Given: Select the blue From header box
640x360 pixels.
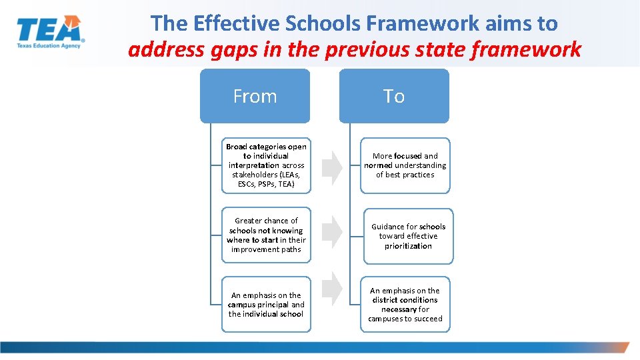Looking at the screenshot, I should pos(255,96).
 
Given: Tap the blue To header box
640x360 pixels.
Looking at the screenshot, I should pos(394,96).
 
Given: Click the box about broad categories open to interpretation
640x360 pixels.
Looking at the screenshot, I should pos(266,165).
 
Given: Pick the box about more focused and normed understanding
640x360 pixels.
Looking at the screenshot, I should pos(405,165).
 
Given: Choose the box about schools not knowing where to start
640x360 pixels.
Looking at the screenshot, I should pos(266,235).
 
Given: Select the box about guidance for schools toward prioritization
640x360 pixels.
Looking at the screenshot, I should pos(408,236).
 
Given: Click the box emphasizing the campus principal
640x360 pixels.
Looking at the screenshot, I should pos(266,305).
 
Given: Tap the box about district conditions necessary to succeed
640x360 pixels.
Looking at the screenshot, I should pos(405,305).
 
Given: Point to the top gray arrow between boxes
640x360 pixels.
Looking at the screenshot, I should pos(332,167).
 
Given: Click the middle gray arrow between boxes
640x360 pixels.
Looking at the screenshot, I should pos(332,231).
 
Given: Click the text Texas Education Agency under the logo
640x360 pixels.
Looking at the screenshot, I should pos(48,45).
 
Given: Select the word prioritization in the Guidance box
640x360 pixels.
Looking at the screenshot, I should pos(408,246).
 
